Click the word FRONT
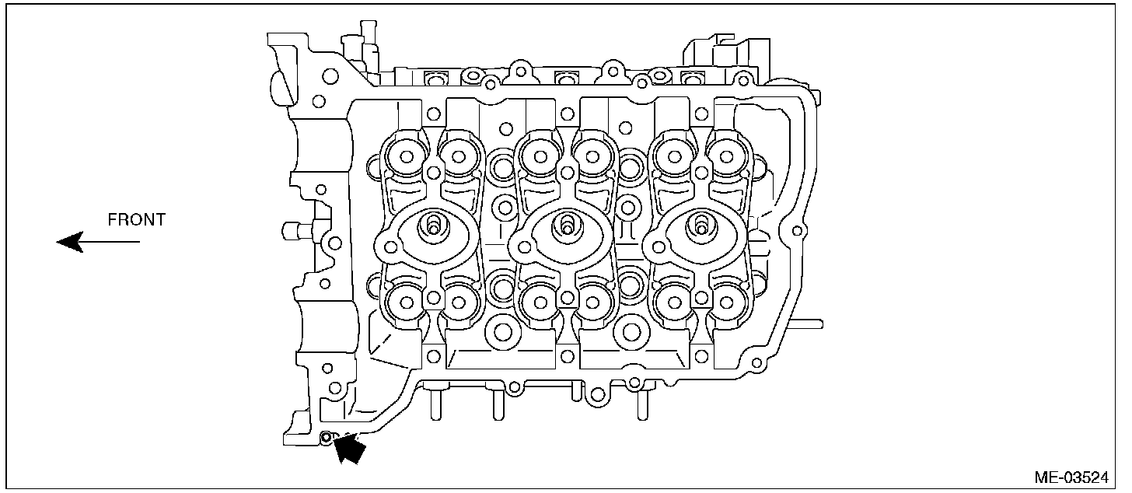tap(137, 220)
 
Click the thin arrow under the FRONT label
tap(98, 242)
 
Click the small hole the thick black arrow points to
tap(327, 437)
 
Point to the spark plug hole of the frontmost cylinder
tap(431, 226)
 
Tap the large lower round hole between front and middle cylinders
tap(501, 333)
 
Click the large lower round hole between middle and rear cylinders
tap(631, 333)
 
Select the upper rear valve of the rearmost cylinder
tap(728, 157)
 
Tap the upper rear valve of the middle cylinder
tap(594, 157)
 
